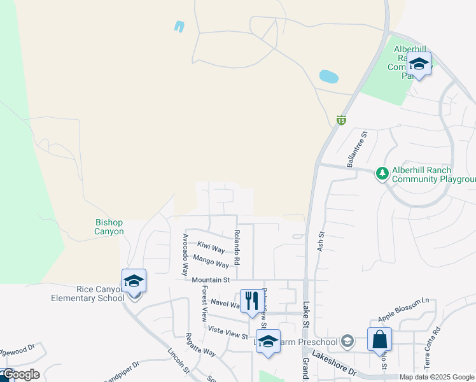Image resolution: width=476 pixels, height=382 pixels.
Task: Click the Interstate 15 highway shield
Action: coord(342,120)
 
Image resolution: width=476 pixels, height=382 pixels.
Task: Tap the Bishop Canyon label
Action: coord(109,227)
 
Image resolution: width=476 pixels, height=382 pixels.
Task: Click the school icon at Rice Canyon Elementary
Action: coord(134,281)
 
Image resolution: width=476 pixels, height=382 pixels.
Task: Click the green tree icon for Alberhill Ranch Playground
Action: coord(382,174)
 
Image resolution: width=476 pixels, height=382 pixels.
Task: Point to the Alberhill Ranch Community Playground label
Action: coord(430,174)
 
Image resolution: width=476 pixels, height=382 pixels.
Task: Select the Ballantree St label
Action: coord(357,150)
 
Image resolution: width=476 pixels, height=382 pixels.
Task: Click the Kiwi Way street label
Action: coord(211,246)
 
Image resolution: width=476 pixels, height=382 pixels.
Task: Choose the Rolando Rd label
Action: coord(236,247)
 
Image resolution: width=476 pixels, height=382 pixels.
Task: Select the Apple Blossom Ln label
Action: coord(403,309)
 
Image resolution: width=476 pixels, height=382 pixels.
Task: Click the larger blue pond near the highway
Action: coord(328,77)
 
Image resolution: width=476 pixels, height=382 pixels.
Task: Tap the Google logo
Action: coord(20,375)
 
